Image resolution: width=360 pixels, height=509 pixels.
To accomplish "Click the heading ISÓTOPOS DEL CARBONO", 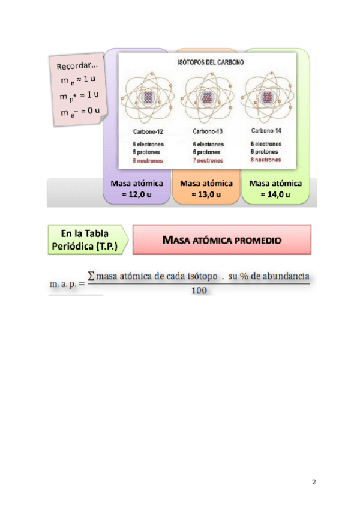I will pos(207,62).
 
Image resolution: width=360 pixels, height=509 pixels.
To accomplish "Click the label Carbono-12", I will pos(147,131).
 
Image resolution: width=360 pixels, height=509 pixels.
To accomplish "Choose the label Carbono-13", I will pos(207,131).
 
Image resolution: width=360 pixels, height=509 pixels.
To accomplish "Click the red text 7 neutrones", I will pos(208,161).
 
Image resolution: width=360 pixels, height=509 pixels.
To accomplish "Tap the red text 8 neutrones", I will pos(266,160).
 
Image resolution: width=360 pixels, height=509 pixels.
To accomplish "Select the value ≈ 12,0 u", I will pos(137,194).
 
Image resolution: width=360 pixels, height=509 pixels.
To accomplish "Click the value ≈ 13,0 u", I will pos(206,194).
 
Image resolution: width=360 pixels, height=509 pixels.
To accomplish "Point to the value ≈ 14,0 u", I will pos(275,194).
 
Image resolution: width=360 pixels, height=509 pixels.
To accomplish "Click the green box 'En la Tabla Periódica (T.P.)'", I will pos(88,239).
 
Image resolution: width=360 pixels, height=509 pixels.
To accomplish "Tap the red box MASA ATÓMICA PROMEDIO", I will pos(222,240).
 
